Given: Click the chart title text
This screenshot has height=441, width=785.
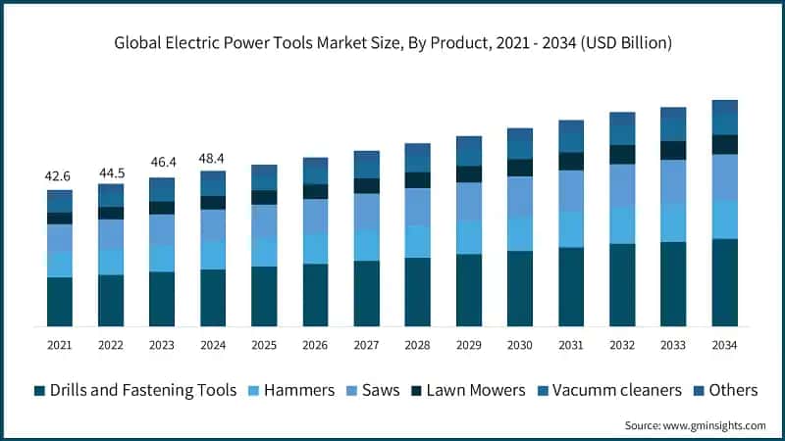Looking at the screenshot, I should click(392, 42).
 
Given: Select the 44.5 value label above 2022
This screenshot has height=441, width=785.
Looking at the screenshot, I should click(111, 173).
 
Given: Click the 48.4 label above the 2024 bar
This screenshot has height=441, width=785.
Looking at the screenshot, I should click(213, 158).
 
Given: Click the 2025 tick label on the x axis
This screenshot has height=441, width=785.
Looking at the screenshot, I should click(264, 345).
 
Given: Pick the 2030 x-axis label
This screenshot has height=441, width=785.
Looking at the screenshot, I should click(520, 345).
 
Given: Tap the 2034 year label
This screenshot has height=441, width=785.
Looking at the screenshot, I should click(724, 345).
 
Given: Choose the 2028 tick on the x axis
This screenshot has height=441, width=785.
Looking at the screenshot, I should click(418, 345).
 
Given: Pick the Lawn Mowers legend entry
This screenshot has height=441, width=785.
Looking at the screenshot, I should click(470, 390).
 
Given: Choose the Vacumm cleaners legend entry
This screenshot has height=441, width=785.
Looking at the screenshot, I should click(608, 390).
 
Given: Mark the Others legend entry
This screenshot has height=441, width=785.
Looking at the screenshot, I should click(724, 390).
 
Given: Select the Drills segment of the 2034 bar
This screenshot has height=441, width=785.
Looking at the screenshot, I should click(724, 282).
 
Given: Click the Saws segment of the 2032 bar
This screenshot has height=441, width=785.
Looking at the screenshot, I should click(622, 185).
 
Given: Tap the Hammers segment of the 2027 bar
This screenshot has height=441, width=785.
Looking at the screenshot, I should click(367, 245).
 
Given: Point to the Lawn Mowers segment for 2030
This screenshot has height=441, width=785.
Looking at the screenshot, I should click(520, 168).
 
